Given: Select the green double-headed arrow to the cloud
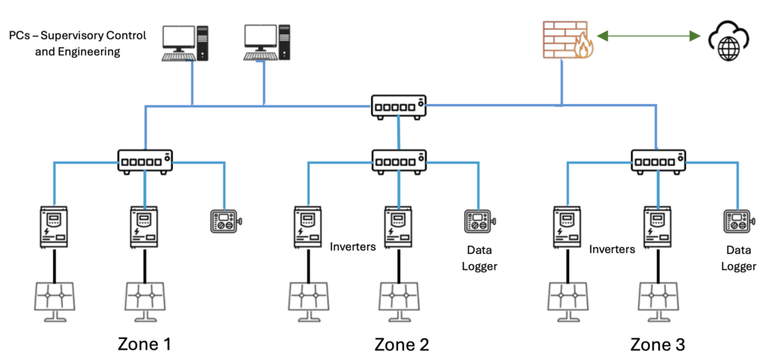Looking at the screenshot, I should coord(643,35).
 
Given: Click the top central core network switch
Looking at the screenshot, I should coord(399,105).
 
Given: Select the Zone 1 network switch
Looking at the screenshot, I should coord(145,160).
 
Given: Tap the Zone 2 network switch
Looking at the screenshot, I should coord(399,160).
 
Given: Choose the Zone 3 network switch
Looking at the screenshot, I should coord(658,160).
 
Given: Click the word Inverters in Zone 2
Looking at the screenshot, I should coord(352,248).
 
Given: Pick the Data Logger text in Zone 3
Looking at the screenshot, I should coord(739,258).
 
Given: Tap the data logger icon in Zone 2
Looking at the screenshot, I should coord(479,222).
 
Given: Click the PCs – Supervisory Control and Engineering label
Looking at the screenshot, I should coord(78,43).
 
